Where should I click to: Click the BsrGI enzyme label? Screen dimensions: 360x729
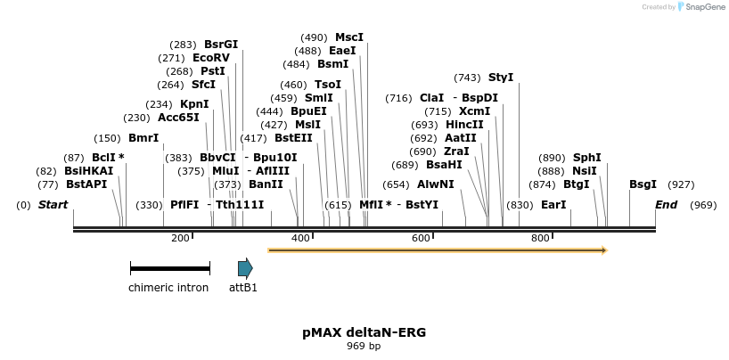tap(221, 44)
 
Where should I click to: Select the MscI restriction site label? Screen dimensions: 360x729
tap(349, 37)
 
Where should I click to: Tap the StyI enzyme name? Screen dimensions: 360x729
tap(501, 78)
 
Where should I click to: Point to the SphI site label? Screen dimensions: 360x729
tap(587, 158)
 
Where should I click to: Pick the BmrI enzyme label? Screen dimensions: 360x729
tap(143, 138)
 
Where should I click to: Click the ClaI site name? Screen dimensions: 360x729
tap(431, 98)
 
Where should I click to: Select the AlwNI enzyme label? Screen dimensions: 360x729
tap(436, 184)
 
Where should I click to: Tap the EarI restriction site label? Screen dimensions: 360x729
tap(553, 205)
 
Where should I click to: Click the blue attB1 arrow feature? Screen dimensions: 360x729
tap(245, 268)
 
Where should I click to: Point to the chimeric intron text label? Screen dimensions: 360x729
tap(168, 288)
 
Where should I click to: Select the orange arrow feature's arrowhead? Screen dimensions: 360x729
tap(604, 250)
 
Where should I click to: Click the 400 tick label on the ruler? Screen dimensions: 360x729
tap(300, 238)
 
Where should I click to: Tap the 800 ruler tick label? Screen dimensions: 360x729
tap(540, 238)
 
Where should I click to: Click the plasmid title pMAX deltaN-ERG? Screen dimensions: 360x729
tap(364, 332)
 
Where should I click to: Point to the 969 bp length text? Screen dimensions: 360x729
tap(364, 346)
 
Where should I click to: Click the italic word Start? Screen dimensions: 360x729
tap(53, 205)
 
